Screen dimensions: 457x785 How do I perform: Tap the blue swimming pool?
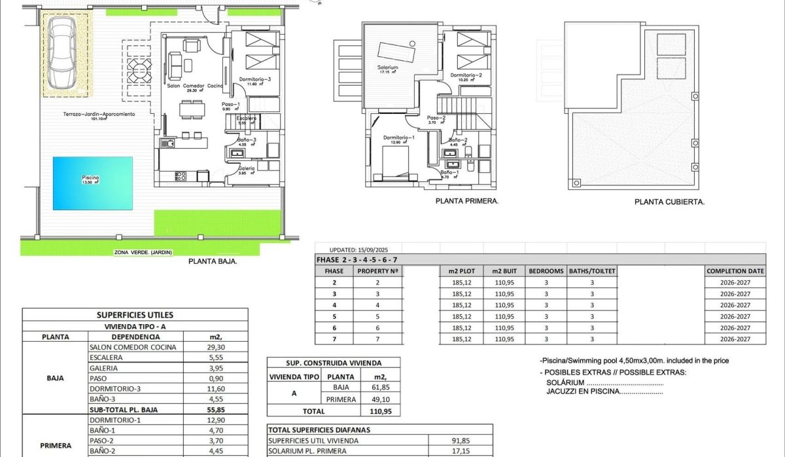click(92, 183)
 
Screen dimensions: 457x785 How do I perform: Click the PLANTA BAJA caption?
click(213, 261)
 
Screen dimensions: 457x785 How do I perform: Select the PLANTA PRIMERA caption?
click(467, 202)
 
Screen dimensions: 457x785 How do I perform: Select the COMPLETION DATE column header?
click(735, 270)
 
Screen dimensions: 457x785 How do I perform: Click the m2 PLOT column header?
click(461, 270)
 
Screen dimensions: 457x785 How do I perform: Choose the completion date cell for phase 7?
click(735, 339)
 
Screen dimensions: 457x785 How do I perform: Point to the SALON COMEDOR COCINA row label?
click(124, 347)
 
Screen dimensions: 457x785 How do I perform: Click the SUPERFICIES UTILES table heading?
click(135, 315)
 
